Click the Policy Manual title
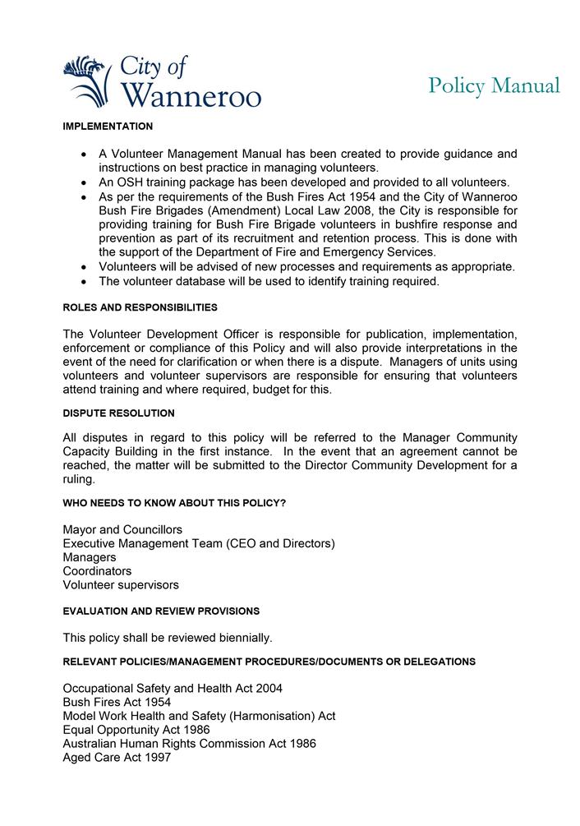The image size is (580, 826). click(x=494, y=85)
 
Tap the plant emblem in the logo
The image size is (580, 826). click(x=87, y=81)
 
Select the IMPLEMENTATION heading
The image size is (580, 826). click(x=108, y=127)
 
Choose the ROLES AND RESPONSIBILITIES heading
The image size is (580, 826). click(x=140, y=307)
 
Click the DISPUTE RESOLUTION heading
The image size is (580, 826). click(x=118, y=413)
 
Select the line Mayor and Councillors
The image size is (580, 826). click(x=122, y=529)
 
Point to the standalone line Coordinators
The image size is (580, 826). click(x=97, y=571)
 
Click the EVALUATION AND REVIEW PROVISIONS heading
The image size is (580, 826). click(x=161, y=611)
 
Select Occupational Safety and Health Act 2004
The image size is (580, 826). click(x=173, y=688)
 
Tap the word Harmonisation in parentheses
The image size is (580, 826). click(x=267, y=716)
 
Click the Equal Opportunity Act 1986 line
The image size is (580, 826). click(x=136, y=730)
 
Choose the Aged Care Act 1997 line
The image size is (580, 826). click(x=117, y=758)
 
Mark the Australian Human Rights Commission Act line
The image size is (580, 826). click(x=189, y=744)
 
